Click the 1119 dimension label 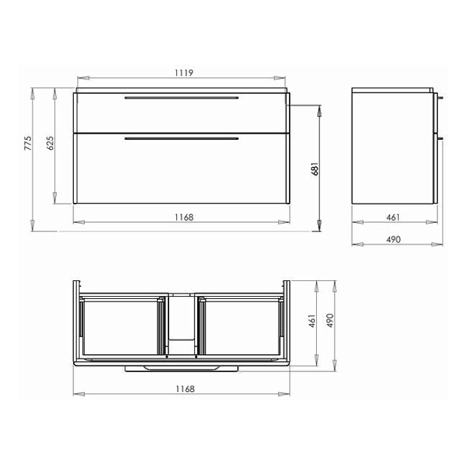pos(184,73)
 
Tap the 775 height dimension pos(27,143)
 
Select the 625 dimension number pos(51,143)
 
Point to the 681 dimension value pos(315,169)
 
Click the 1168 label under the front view pos(184,217)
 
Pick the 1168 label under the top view pos(185,389)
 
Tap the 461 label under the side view pos(393,218)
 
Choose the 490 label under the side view pos(393,239)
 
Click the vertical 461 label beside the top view pos(312,321)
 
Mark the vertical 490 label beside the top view pos(330,321)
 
